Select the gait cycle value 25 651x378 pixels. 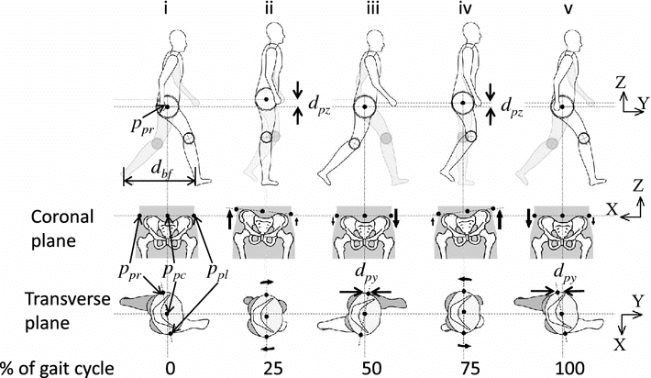266,368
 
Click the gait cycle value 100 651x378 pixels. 557,368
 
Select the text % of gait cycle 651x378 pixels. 58,368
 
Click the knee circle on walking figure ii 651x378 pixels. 266,138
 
